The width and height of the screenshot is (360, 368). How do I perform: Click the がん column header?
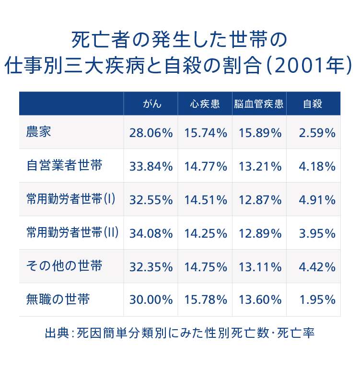[152, 104]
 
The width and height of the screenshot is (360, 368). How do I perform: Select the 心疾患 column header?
[205, 104]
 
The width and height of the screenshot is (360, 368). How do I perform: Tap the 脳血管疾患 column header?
[259, 104]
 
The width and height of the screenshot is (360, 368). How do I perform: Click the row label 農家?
[39, 132]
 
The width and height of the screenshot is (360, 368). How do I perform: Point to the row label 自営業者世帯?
[64, 166]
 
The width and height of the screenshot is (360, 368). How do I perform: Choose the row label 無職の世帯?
[58, 299]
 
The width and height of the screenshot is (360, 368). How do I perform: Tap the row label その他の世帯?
[64, 266]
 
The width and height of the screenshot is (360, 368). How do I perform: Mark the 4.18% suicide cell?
[317, 167]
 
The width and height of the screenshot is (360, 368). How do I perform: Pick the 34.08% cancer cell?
[151, 233]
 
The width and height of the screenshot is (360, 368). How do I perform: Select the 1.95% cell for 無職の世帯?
[317, 300]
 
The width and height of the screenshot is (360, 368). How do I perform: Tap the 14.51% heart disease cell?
[206, 200]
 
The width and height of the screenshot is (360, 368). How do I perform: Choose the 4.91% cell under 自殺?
[317, 200]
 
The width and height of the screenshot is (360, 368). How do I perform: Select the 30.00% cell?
[151, 300]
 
